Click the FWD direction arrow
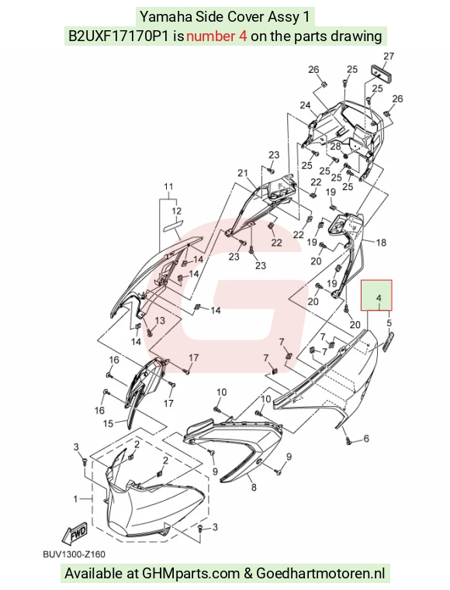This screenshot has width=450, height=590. click(75, 534)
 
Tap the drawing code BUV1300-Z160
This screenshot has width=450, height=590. click(74, 554)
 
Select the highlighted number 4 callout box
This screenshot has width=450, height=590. click(376, 295)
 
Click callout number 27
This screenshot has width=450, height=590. click(389, 57)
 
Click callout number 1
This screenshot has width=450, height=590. click(75, 499)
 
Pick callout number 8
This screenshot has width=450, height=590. click(254, 488)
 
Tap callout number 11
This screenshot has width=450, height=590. click(168, 187)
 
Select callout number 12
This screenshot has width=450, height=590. click(176, 212)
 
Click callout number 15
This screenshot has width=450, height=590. click(108, 423)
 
